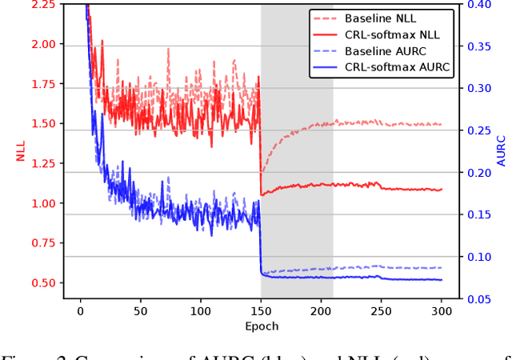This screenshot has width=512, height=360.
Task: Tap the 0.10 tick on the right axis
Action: point(481,257)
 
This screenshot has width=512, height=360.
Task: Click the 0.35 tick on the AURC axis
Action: point(481,46)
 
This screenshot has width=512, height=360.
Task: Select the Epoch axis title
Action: point(261,326)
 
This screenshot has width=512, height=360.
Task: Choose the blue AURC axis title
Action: point(502,152)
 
